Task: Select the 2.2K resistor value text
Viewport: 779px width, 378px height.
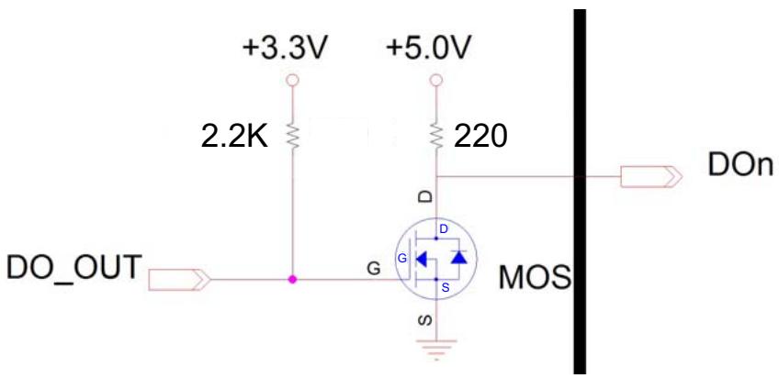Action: pyautogui.click(x=234, y=137)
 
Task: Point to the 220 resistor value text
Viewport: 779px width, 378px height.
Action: pyautogui.click(x=480, y=137)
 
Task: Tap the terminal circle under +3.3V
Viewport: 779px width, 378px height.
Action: pyautogui.click(x=292, y=80)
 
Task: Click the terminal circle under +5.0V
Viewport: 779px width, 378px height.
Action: pyautogui.click(x=436, y=80)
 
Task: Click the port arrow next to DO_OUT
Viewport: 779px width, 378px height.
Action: pyautogui.click(x=179, y=280)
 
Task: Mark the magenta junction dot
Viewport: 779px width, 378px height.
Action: pyautogui.click(x=292, y=279)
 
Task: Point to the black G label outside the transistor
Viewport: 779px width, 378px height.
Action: pyautogui.click(x=373, y=269)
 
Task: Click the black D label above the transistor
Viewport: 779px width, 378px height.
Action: pyautogui.click(x=426, y=196)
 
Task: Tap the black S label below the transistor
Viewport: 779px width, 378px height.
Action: pyautogui.click(x=426, y=321)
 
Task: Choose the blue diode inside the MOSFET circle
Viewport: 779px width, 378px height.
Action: pyautogui.click(x=457, y=257)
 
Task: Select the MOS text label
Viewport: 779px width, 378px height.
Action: pyautogui.click(x=535, y=277)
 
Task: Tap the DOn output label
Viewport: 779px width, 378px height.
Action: pyautogui.click(x=740, y=166)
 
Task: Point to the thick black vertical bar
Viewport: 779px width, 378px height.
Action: pyautogui.click(x=580, y=192)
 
